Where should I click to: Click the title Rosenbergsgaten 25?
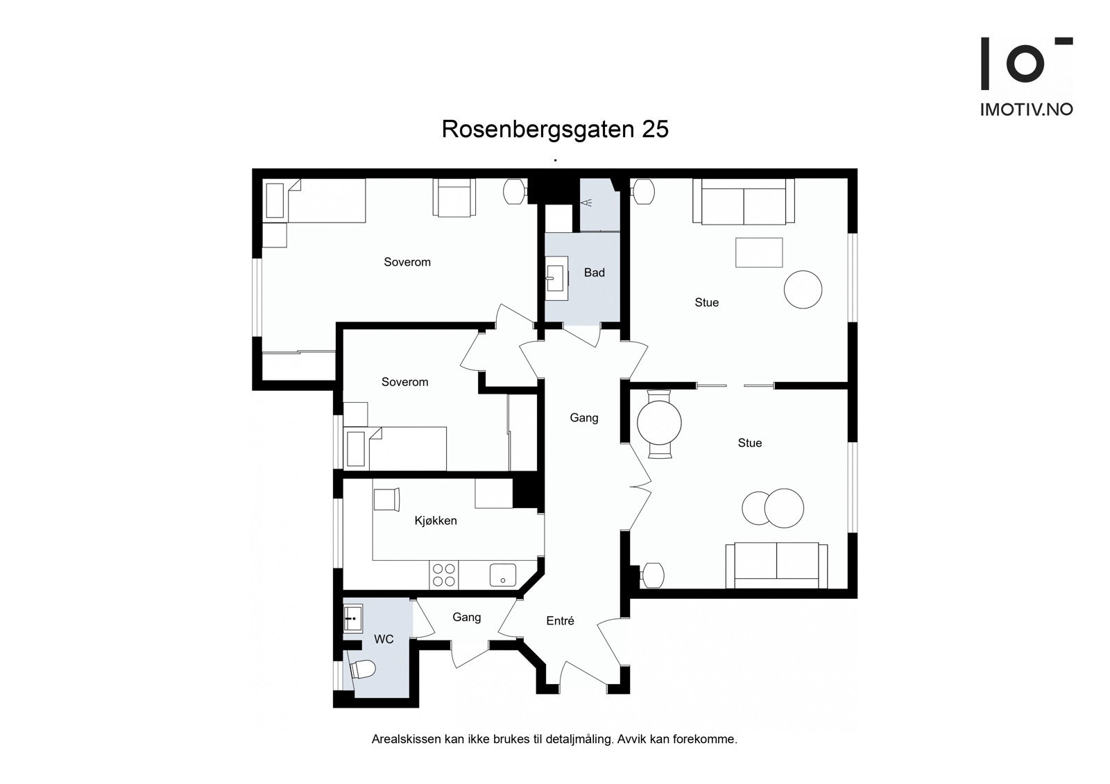pyautogui.click(x=555, y=130)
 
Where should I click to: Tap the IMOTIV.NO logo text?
pyautogui.click(x=1026, y=110)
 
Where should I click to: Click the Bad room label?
pyautogui.click(x=594, y=272)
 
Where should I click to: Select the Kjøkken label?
pyautogui.click(x=436, y=521)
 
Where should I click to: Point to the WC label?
pyautogui.click(x=384, y=638)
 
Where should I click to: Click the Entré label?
pyautogui.click(x=560, y=621)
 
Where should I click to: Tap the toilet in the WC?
pyautogui.click(x=362, y=670)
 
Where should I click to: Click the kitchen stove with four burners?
pyautogui.click(x=444, y=575)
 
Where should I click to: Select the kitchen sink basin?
pyautogui.click(x=502, y=575)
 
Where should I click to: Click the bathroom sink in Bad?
pyautogui.click(x=556, y=279)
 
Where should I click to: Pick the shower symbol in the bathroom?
pyautogui.click(x=587, y=202)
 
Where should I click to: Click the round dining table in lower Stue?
pyautogui.click(x=659, y=424)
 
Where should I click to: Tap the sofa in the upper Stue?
pyautogui.click(x=744, y=202)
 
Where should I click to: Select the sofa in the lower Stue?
pyautogui.click(x=776, y=565)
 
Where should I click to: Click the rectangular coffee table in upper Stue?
pyautogui.click(x=759, y=252)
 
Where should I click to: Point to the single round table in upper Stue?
pyautogui.click(x=803, y=289)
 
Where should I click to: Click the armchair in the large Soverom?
pyautogui.click(x=455, y=198)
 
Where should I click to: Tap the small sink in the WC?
pyautogui.click(x=352, y=617)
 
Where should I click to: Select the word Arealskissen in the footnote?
pyautogui.click(x=405, y=740)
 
